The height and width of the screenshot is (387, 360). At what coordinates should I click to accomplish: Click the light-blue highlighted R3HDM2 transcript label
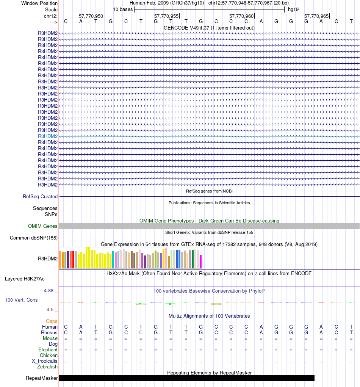48,136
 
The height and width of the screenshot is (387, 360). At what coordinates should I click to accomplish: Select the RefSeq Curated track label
40,197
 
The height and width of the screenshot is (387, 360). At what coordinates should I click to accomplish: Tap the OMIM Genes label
43,226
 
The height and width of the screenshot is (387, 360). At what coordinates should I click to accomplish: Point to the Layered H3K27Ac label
25,279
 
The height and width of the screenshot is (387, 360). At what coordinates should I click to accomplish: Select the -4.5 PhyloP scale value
51,310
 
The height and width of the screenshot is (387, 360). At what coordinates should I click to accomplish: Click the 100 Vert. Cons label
21,300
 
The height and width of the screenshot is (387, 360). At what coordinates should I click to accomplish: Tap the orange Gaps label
52,321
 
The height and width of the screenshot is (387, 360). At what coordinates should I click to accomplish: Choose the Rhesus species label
49,333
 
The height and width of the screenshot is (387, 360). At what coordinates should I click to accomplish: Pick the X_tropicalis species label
45,361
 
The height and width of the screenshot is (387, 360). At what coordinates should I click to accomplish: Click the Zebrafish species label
47,367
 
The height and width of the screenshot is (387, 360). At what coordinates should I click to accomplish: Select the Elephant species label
48,350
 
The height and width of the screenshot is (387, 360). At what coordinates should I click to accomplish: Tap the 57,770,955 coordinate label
166,16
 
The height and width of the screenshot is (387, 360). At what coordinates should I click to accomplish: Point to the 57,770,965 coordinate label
316,16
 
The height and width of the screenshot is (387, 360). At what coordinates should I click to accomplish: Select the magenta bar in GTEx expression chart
201,262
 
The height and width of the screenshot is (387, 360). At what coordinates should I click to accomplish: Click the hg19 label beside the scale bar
293,9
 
